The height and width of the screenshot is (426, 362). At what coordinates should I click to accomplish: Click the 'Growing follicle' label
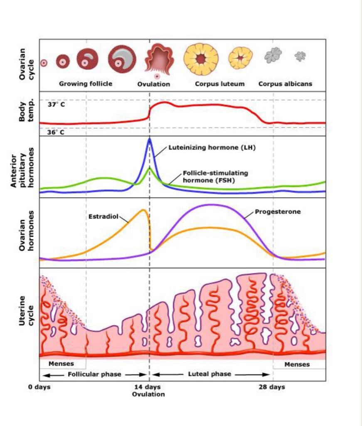(x=86, y=84)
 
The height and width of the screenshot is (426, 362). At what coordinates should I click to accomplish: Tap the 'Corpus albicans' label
(x=285, y=84)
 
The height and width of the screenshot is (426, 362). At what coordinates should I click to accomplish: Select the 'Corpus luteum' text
(x=220, y=84)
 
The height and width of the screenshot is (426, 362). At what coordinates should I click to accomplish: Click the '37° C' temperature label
(x=56, y=104)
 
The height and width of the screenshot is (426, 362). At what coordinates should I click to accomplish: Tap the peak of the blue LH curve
(x=150, y=139)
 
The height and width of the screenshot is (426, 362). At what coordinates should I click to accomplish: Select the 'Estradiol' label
(x=103, y=217)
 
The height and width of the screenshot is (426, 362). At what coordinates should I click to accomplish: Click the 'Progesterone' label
(x=278, y=212)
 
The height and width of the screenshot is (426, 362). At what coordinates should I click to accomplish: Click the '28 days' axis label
(x=272, y=387)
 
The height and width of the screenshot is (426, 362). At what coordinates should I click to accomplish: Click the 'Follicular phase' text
(x=94, y=374)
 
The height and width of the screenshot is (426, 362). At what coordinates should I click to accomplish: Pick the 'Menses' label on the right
(x=297, y=364)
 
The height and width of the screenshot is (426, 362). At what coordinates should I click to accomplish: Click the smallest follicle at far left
(x=44, y=63)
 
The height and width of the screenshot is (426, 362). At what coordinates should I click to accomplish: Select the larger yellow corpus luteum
(x=201, y=59)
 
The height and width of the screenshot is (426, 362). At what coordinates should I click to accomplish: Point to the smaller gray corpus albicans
(x=300, y=56)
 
